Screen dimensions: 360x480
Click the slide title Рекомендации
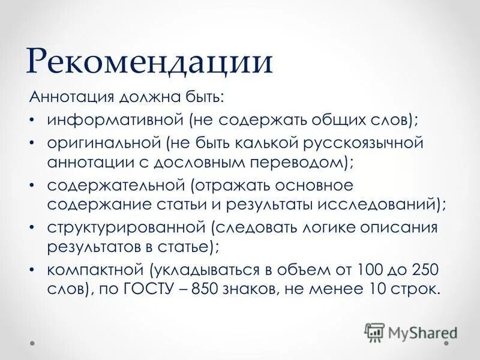(x=150, y=63)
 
